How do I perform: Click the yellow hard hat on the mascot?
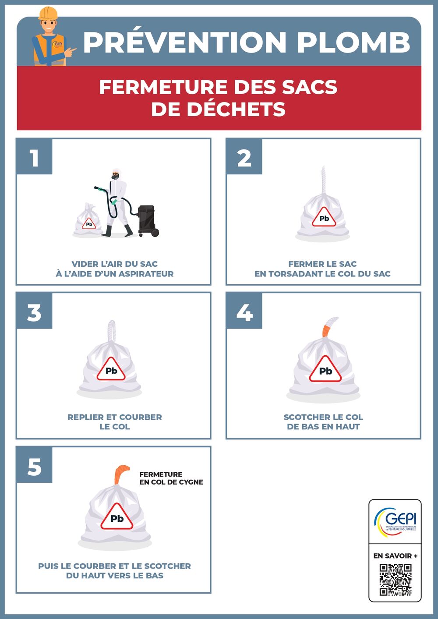tap(48, 13)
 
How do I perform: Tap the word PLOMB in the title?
tap(353, 42)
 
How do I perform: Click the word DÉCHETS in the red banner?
tap(236, 109)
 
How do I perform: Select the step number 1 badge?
tap(34, 156)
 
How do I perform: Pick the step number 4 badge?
tap(244, 311)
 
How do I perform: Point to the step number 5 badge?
tap(34, 466)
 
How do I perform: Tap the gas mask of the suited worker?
tap(115, 176)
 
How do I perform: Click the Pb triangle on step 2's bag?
tap(324, 217)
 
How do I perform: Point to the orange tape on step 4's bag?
tap(326, 331)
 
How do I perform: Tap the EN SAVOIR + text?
tap(395, 555)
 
